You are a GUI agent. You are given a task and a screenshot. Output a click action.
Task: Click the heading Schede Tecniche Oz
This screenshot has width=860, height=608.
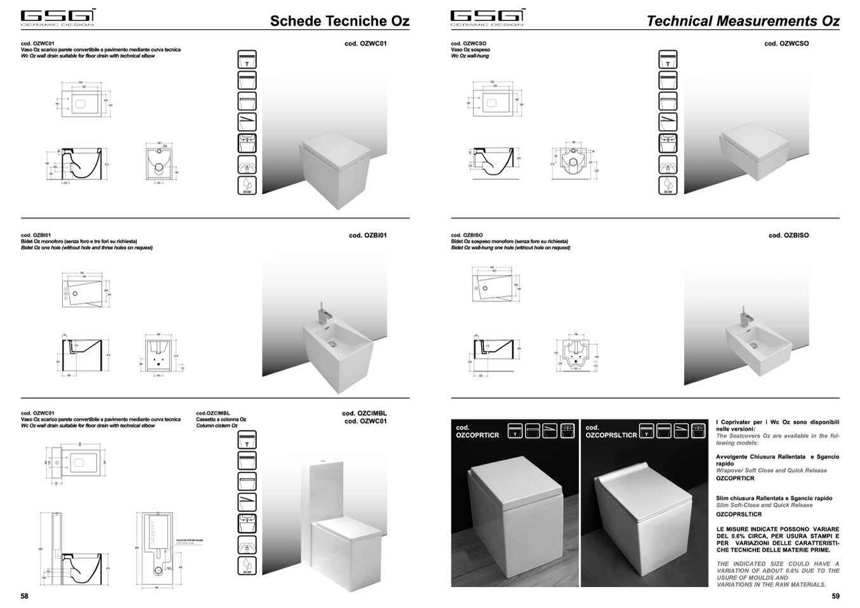[339, 21]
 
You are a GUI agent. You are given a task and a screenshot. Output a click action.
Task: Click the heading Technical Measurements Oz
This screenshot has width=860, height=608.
[743, 21]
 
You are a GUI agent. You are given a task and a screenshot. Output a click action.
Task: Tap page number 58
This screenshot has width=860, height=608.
[25, 596]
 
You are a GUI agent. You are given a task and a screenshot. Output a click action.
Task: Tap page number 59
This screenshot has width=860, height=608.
[835, 596]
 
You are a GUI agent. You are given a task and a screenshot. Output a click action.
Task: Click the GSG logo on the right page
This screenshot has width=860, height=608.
[487, 17]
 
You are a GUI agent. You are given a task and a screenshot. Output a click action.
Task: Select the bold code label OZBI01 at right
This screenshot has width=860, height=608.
[368, 236]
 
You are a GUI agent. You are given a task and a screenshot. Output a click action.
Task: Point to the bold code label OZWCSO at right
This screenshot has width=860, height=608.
[786, 44]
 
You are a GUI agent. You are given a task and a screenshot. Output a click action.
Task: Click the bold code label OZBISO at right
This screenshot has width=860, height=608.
[788, 236]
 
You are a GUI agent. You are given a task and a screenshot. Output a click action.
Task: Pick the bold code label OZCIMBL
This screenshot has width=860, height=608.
[364, 413]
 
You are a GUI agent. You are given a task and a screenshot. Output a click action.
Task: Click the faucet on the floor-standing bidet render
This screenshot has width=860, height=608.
[322, 313]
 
